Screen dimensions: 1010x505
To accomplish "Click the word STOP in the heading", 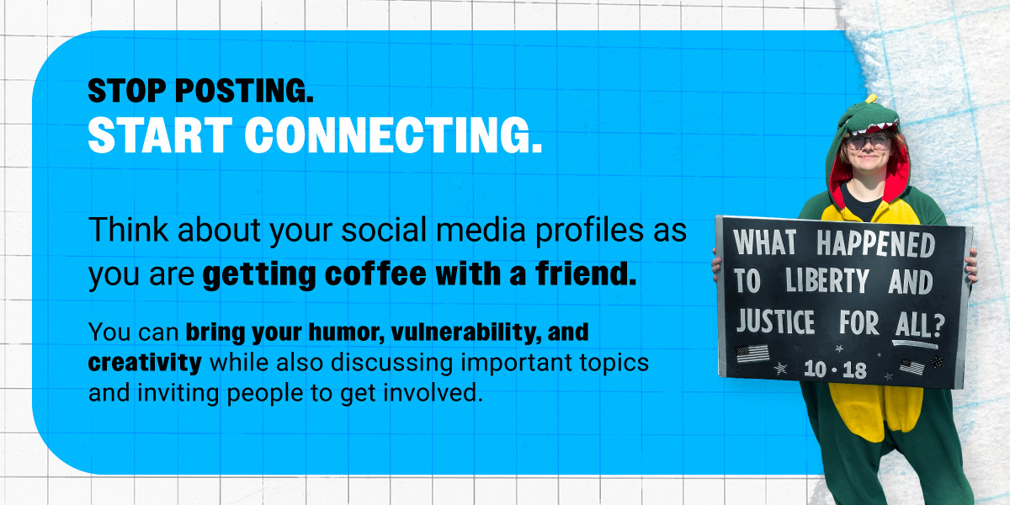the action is pyautogui.click(x=127, y=91).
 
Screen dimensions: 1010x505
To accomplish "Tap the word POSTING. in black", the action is pyautogui.click(x=244, y=91).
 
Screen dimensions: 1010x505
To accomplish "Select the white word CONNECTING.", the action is pyautogui.click(x=393, y=135).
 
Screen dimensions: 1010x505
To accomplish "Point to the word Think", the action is pyautogui.click(x=129, y=230).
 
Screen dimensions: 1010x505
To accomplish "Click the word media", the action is pyautogui.click(x=481, y=230).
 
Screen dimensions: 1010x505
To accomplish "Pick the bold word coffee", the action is pyautogui.click(x=375, y=274).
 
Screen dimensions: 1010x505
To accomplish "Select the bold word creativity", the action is pyautogui.click(x=145, y=364).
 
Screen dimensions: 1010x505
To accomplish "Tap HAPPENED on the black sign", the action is pyautogui.click(x=875, y=244).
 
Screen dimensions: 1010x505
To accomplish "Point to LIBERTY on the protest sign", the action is pyautogui.click(x=827, y=280).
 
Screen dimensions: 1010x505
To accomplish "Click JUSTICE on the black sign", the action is pyautogui.click(x=775, y=321).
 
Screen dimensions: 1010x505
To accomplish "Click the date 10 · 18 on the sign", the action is pyautogui.click(x=835, y=369).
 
